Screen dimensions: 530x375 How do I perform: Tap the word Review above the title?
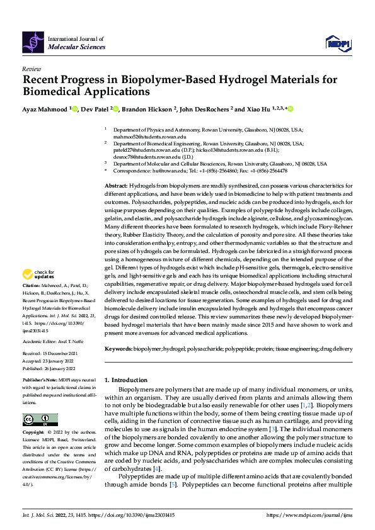tap(31, 69)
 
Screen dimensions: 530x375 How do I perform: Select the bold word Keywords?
tap(118, 348)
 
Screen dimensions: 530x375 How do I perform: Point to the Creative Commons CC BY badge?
tap(40, 420)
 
